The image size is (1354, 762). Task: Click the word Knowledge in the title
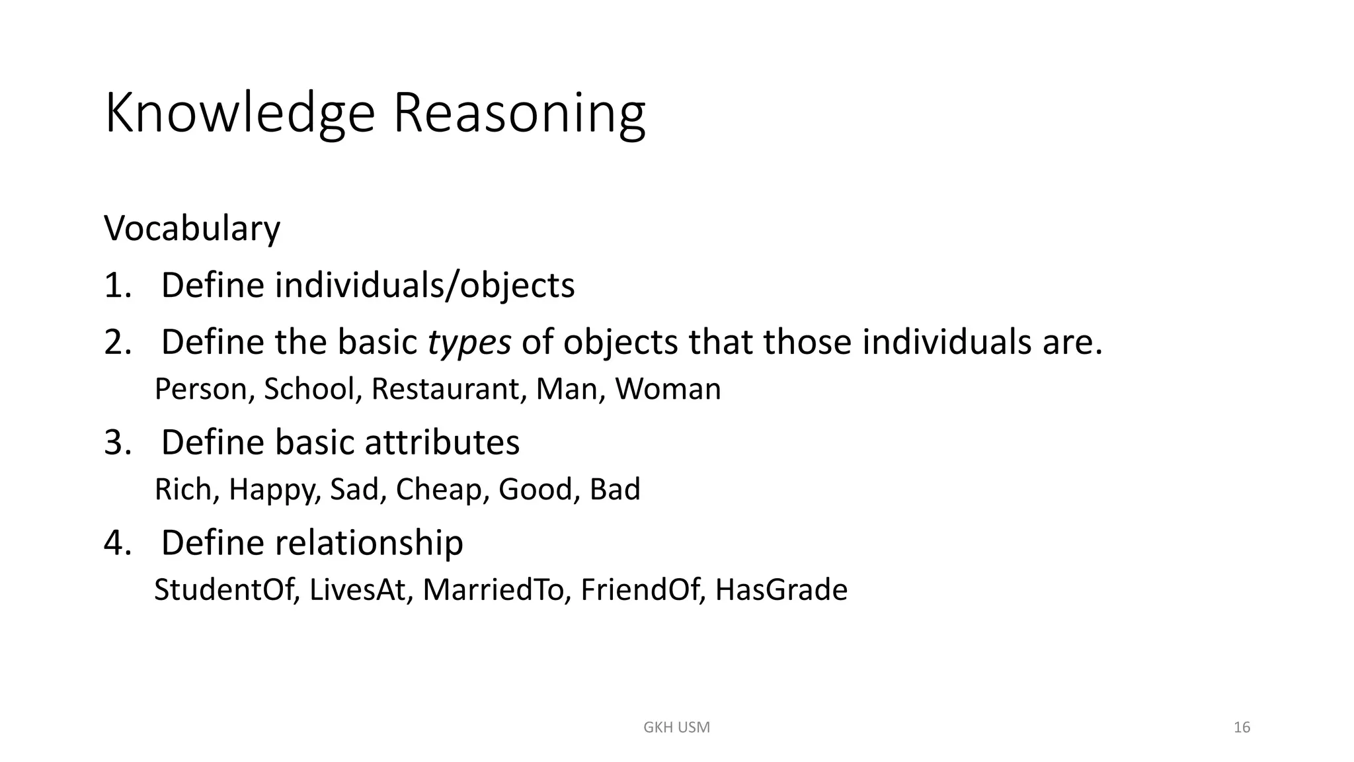pos(239,114)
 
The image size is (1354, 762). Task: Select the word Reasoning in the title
pos(519,114)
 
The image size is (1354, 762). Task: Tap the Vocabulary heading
pos(192,229)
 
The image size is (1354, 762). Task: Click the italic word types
pos(469,343)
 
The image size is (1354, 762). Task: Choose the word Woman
pos(668,389)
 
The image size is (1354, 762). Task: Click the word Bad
pos(615,489)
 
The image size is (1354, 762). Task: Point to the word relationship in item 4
pos(369,542)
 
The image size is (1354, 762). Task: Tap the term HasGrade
pos(781,590)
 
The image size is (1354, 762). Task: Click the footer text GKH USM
pos(676,728)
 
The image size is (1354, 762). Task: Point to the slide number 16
pos(1242,728)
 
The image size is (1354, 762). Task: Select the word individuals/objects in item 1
pos(424,286)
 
